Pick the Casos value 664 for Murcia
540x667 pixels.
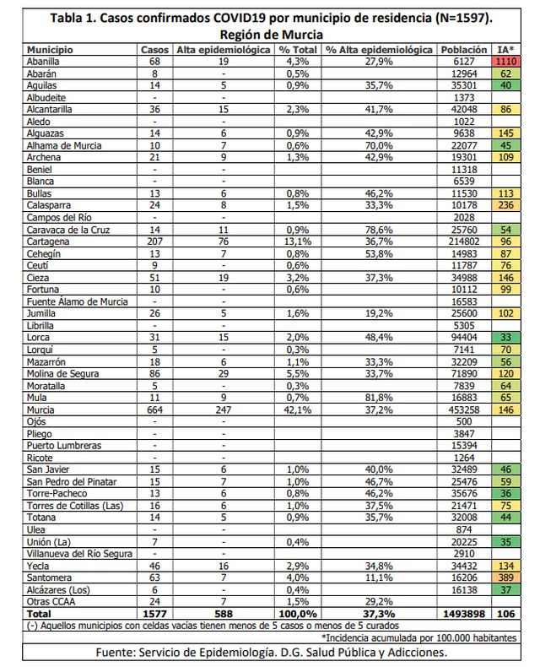pos(154,407)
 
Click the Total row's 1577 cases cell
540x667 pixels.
pos(154,613)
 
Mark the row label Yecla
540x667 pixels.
pos(40,565)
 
